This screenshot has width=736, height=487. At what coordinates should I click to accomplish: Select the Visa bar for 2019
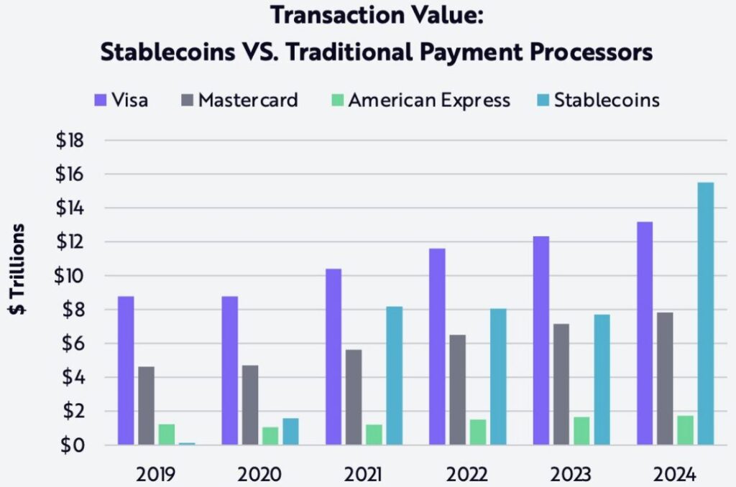point(126,371)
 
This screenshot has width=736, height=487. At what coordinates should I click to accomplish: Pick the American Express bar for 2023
point(581,431)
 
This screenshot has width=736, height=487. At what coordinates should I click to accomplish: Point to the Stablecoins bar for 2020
point(290,432)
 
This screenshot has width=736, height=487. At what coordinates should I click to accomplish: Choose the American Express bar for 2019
point(167,435)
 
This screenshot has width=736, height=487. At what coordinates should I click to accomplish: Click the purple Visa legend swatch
point(99,100)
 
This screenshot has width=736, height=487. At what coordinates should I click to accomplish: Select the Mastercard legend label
point(248,100)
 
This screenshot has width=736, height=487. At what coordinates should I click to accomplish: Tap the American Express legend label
point(429,100)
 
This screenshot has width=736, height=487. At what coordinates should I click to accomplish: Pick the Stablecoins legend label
point(607,100)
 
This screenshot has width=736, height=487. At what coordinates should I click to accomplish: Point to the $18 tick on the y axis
point(70,141)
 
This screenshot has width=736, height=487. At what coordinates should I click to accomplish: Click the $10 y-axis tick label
point(70,276)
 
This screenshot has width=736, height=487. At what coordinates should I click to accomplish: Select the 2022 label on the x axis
point(467,474)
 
